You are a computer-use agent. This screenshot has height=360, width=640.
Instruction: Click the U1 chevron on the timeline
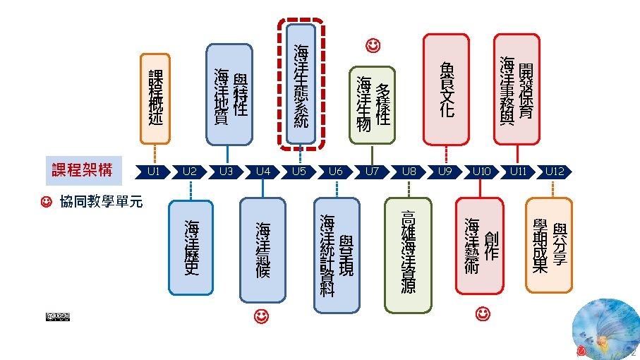tap(153, 171)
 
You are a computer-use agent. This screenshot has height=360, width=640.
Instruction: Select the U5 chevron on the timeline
tap(298, 171)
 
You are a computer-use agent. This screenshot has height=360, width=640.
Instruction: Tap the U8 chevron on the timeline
tap(408, 171)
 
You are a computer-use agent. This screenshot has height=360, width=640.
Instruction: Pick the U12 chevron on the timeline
tap(554, 171)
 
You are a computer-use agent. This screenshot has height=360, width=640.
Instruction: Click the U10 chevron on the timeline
tap(481, 171)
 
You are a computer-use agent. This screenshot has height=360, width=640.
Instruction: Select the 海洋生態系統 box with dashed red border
tap(301, 84)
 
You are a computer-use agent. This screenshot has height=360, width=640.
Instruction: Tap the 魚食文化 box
tap(446, 89)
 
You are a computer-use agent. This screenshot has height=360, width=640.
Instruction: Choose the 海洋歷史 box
tap(191, 247)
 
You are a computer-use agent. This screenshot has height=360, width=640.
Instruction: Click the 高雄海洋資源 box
tap(408, 255)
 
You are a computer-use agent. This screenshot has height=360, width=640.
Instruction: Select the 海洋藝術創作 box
tap(481, 251)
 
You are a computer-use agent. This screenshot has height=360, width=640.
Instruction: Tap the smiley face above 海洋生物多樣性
tap(373, 47)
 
